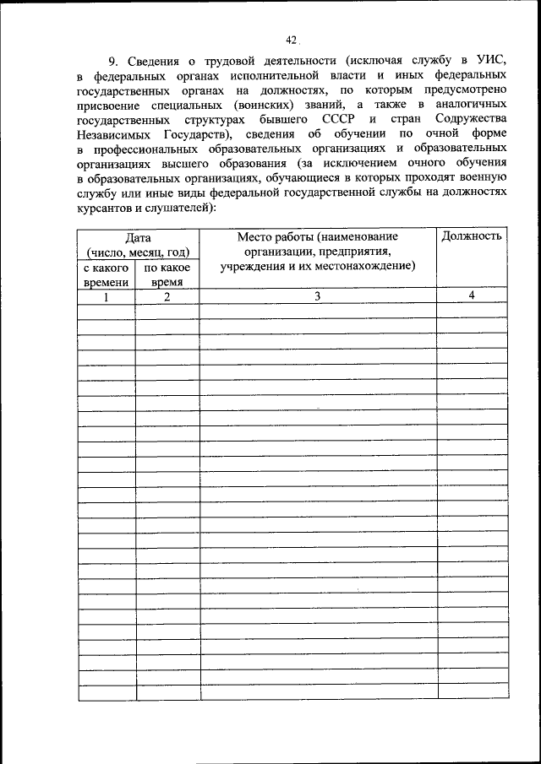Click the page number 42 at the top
coord(292,39)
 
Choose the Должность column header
coord(472,236)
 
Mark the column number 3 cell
coord(317,296)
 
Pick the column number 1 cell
coord(106,296)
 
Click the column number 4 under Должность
coord(472,295)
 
